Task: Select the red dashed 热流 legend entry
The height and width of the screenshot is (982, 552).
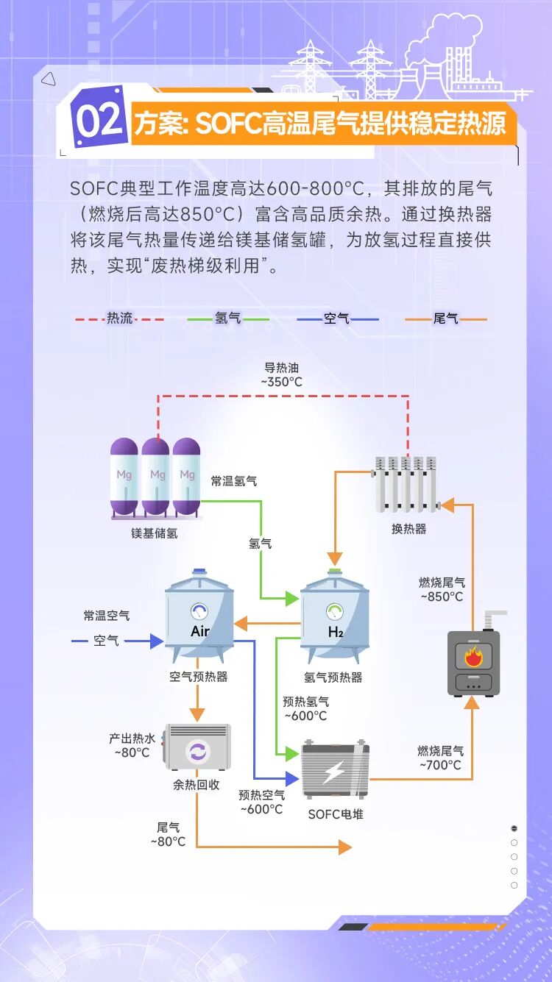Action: click(x=119, y=319)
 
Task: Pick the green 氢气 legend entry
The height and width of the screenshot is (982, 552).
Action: click(x=227, y=319)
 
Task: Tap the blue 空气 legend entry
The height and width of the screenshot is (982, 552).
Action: click(x=337, y=319)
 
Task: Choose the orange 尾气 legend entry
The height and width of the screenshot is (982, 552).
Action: click(x=446, y=319)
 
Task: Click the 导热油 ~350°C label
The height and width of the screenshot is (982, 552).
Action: click(x=282, y=375)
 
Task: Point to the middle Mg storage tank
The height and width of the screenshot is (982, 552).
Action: click(x=155, y=477)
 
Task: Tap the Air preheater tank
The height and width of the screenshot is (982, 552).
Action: click(x=199, y=615)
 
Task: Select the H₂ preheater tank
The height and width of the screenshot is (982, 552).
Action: click(x=335, y=616)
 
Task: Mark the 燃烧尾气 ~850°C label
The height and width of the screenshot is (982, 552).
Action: click(x=442, y=589)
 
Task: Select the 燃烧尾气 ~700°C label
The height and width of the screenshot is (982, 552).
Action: click(x=441, y=758)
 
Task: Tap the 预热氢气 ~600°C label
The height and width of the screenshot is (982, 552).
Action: click(x=306, y=708)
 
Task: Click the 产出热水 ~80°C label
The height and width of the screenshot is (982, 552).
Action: click(x=132, y=745)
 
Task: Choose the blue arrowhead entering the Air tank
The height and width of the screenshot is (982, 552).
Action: click(x=157, y=641)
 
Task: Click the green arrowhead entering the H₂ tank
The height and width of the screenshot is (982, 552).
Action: click(x=293, y=599)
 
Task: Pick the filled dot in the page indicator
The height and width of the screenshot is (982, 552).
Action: click(x=514, y=828)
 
